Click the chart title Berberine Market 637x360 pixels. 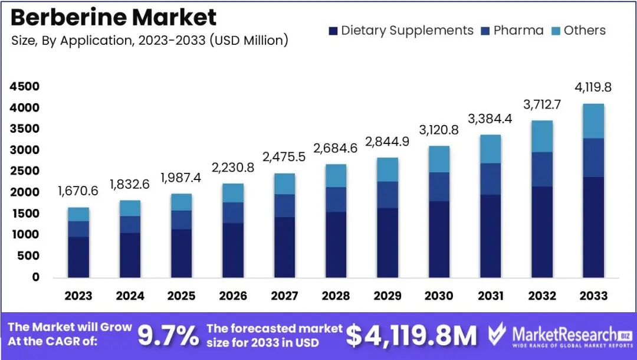point(113,18)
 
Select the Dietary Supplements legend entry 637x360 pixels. point(401,31)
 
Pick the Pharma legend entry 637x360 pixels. point(512,31)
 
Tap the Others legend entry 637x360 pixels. point(578,31)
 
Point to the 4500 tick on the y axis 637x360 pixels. point(24,87)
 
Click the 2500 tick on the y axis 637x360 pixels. point(24,171)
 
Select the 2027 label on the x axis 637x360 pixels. point(284,296)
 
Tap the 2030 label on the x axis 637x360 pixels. point(439,296)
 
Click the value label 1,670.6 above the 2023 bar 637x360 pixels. point(78,191)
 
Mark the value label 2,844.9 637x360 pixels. point(387,142)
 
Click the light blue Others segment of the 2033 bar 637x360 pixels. point(593,121)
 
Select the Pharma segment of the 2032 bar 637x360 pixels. point(542,169)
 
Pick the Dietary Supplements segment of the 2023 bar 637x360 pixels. point(78,257)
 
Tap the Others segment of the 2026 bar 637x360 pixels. point(232,193)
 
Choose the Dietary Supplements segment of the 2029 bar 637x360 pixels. point(387,243)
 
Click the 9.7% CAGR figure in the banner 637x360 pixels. point(168,336)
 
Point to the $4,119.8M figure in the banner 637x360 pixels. point(411,336)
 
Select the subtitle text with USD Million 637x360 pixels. point(150,41)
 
